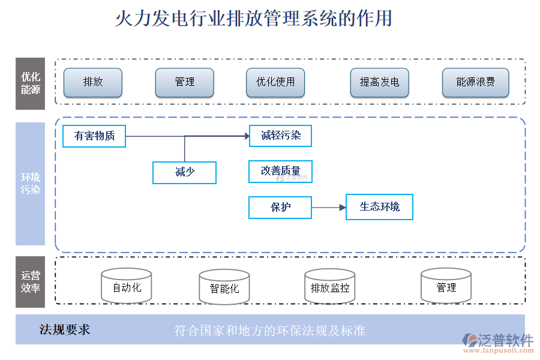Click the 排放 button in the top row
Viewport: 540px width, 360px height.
click(x=93, y=83)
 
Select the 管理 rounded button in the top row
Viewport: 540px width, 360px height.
click(x=184, y=83)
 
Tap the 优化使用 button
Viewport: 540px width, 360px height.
click(x=275, y=83)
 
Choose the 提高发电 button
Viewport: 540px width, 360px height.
click(x=379, y=83)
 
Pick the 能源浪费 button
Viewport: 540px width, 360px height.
click(x=475, y=83)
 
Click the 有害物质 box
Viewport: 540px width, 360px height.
click(x=94, y=136)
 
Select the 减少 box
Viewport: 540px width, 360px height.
click(x=184, y=172)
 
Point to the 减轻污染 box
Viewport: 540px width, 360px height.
click(x=280, y=136)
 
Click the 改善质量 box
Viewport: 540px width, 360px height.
click(x=280, y=172)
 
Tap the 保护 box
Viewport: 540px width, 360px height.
click(x=280, y=208)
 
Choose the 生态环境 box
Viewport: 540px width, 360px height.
click(x=379, y=207)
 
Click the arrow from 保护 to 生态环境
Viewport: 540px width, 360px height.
click(x=329, y=208)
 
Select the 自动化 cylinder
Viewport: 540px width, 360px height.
click(x=127, y=287)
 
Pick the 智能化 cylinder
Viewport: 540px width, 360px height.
click(x=224, y=288)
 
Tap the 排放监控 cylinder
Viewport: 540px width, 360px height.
click(x=330, y=287)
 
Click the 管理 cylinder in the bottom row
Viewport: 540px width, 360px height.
click(x=446, y=287)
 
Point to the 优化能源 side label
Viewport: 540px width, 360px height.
click(x=31, y=83)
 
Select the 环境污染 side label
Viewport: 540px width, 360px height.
click(x=31, y=184)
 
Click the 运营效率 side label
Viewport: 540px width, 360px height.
click(x=31, y=282)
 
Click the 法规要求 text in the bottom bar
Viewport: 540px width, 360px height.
click(x=65, y=329)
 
